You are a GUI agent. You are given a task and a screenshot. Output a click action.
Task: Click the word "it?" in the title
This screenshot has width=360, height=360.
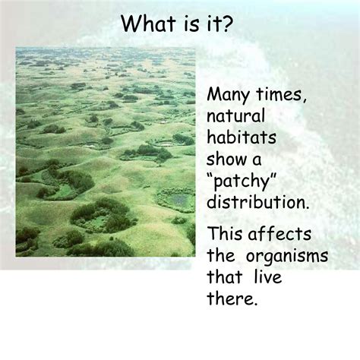point(220,24)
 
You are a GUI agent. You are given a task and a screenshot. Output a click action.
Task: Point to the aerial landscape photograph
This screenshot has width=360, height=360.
point(106,152)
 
